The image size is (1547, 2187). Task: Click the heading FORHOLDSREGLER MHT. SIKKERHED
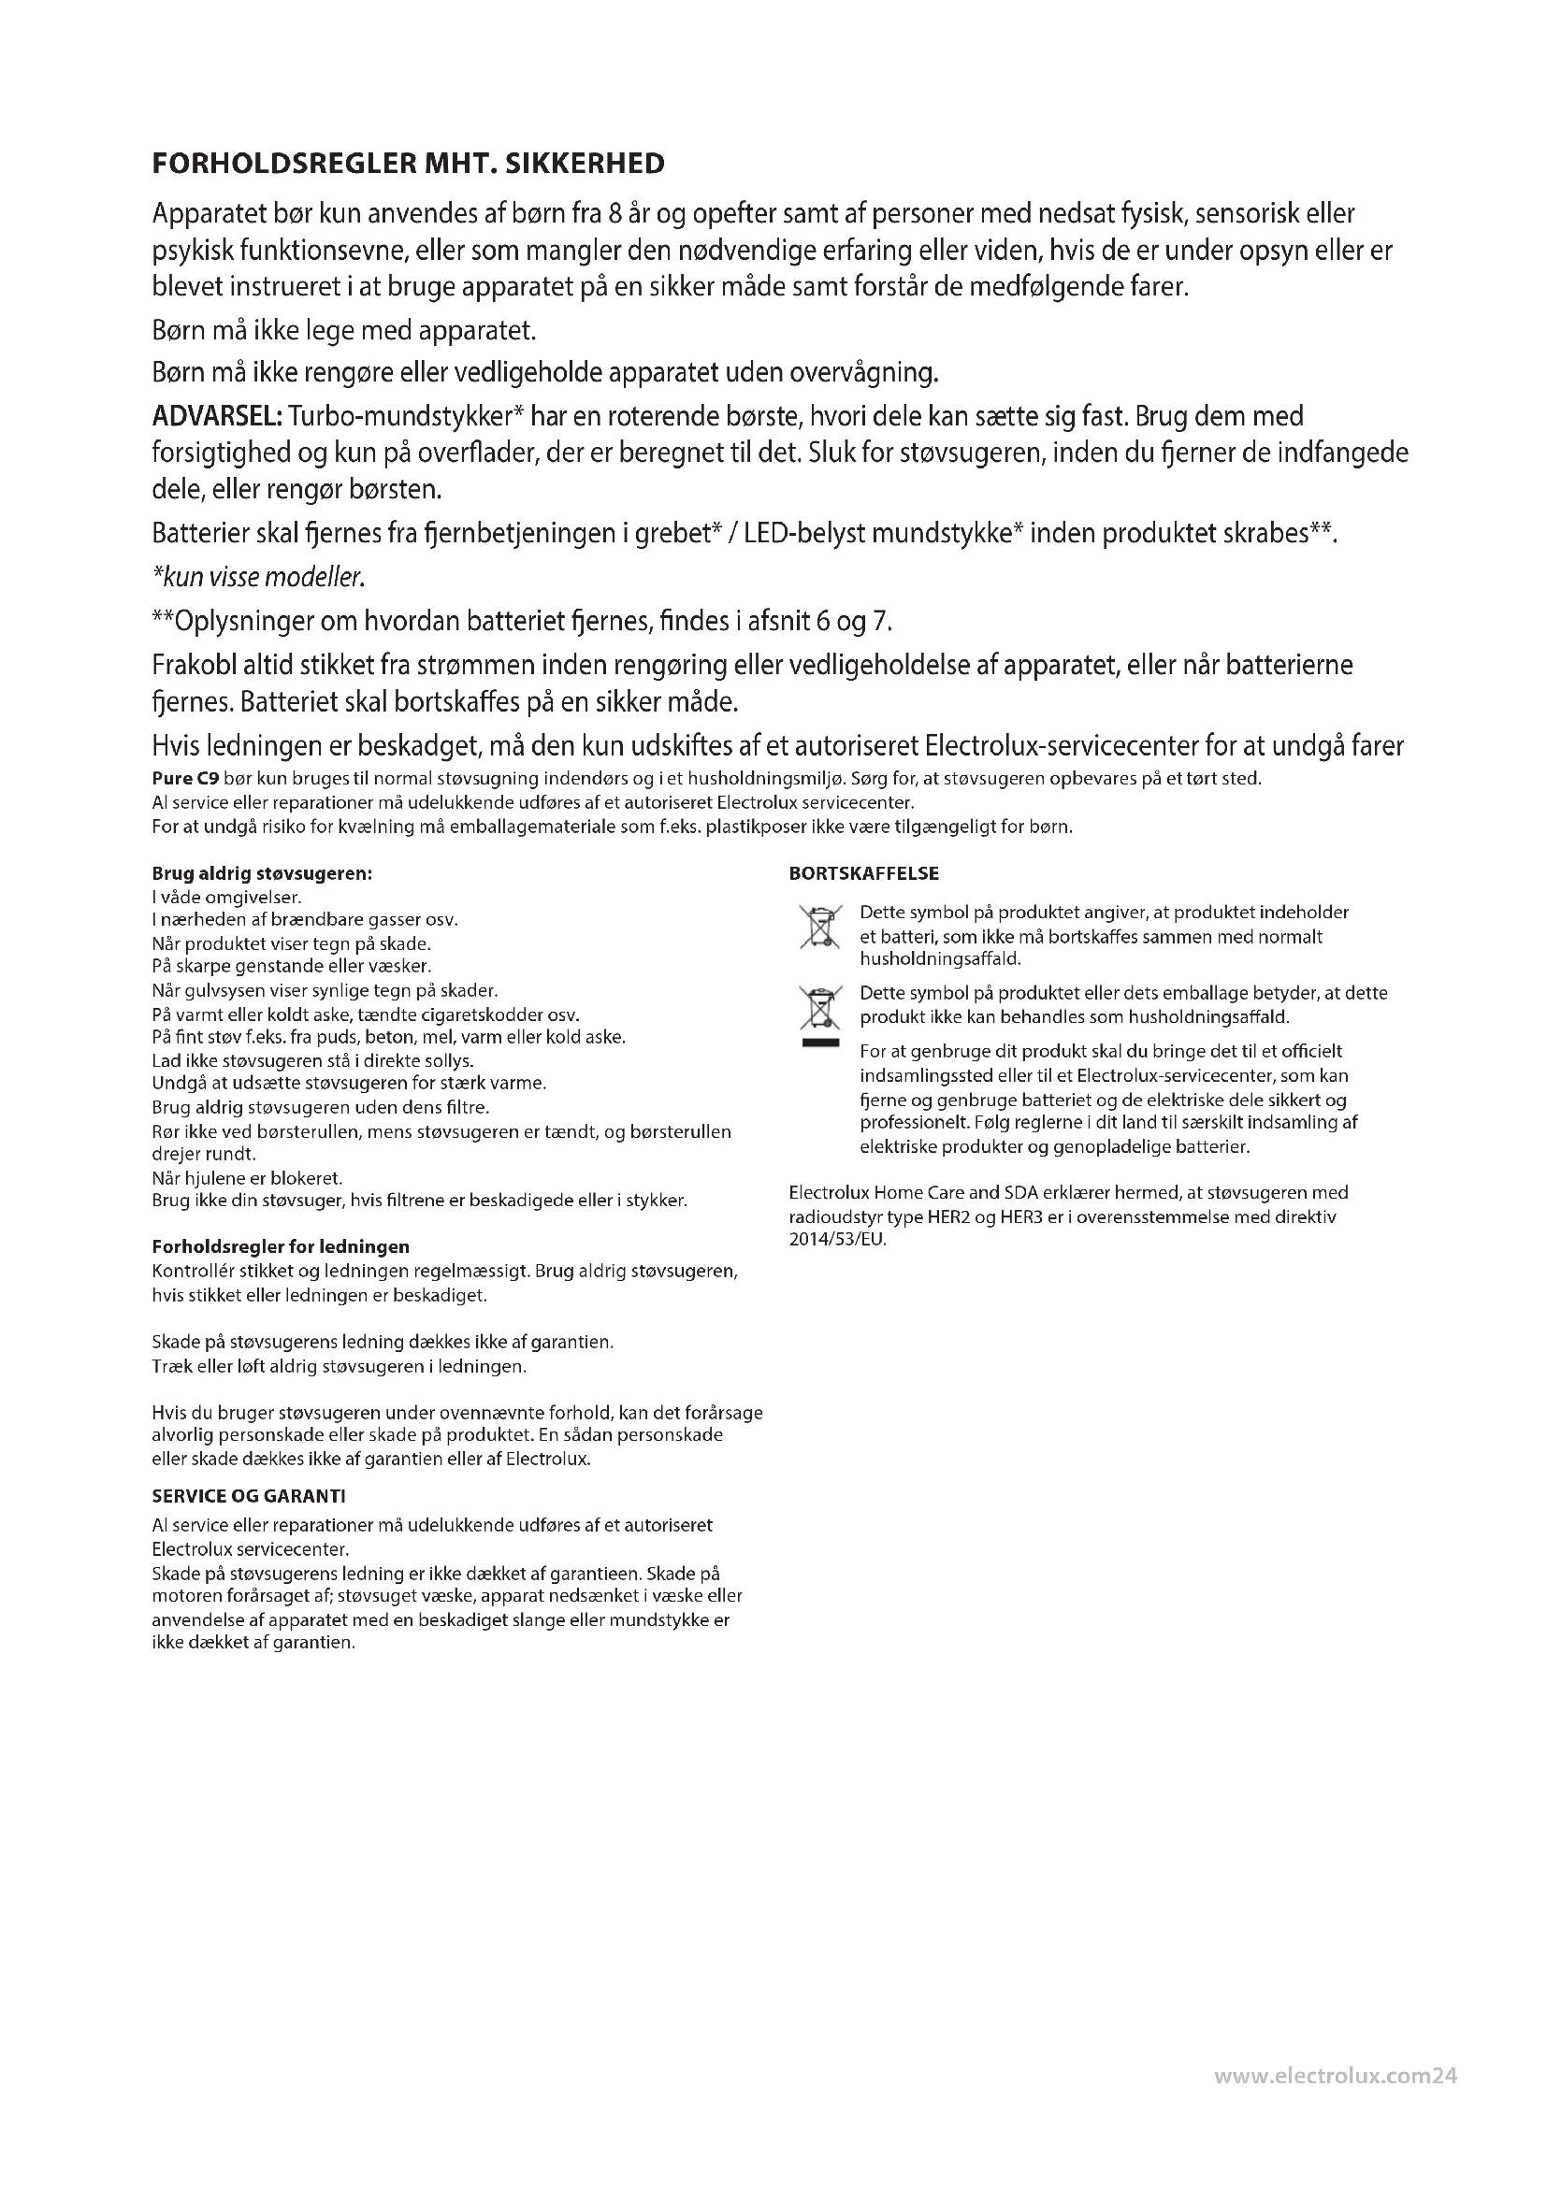coord(408,164)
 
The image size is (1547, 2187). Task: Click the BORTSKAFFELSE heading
coord(864,873)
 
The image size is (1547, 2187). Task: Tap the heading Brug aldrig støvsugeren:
coord(262,873)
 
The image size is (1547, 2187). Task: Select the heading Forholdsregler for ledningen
coord(281,1247)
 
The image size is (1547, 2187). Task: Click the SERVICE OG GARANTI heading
coord(249,1496)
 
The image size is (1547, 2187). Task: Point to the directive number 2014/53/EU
coord(838,1240)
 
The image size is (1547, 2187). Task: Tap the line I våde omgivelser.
coord(226,898)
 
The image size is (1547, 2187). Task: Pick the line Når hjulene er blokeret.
coord(248,1178)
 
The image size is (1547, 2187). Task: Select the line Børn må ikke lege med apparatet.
coord(345,332)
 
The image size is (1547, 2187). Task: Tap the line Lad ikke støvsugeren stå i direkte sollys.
coord(313,1060)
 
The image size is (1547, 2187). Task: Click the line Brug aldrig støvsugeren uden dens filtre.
coord(321,1108)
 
